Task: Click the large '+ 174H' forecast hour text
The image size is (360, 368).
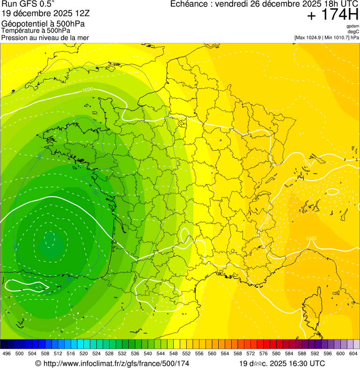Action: (x=332, y=15)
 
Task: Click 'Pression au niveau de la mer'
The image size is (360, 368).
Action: (x=45, y=37)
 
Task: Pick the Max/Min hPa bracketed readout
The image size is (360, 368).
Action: (x=326, y=37)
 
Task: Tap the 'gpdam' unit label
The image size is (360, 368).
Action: (x=353, y=26)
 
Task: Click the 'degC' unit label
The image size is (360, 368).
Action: (x=353, y=31)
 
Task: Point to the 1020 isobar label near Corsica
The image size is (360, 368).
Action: (x=311, y=238)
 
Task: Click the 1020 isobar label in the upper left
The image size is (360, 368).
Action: (x=87, y=89)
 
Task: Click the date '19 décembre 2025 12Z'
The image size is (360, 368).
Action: (x=49, y=14)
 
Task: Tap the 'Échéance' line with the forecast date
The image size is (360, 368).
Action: (x=264, y=4)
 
